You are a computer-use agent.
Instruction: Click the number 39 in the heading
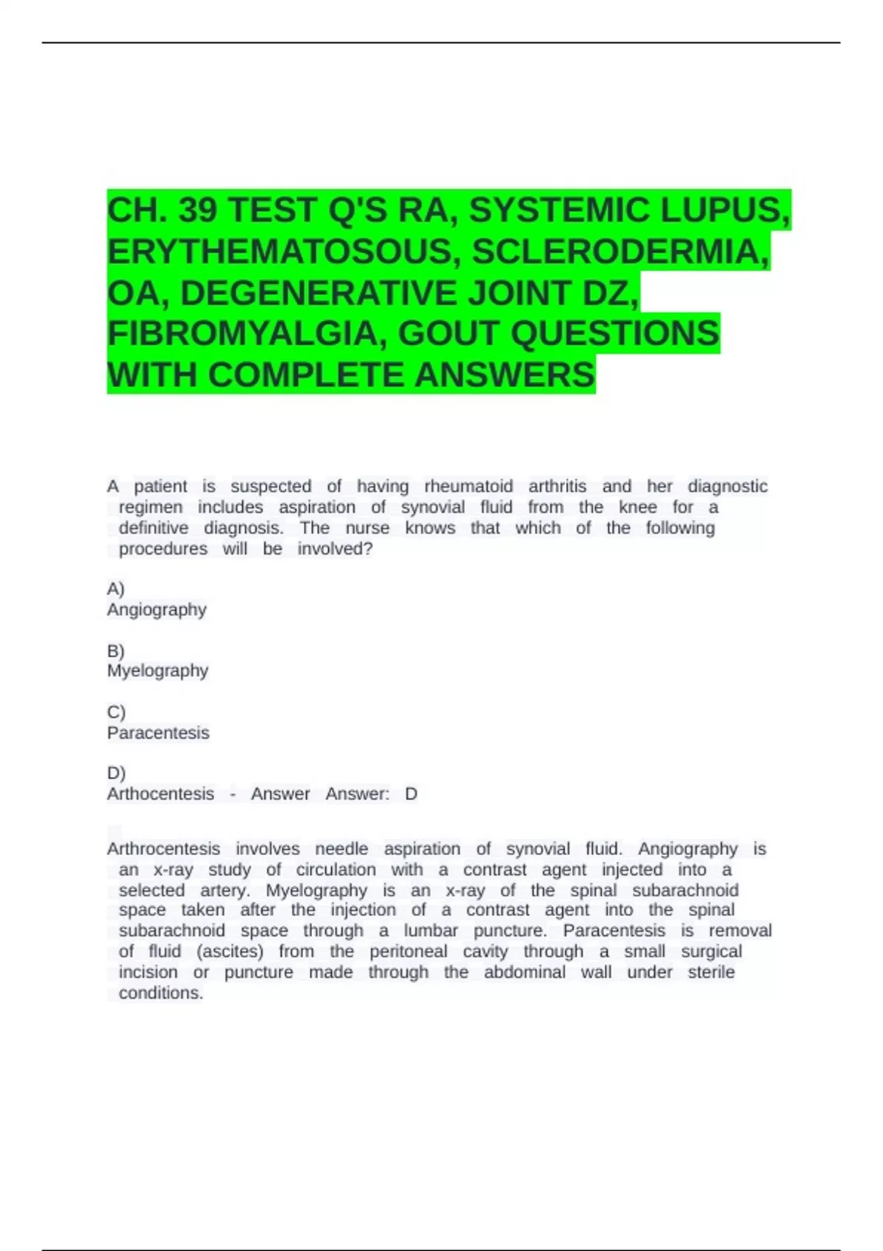198,210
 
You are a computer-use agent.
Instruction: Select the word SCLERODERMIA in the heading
620,252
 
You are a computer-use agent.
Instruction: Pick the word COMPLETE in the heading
308,375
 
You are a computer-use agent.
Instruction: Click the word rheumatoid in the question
469,486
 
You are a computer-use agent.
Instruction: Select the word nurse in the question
367,528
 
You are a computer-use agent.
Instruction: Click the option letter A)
116,589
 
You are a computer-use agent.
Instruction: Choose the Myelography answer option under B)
157,670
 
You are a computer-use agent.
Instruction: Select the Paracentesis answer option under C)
158,733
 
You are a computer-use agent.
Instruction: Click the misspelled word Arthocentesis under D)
160,794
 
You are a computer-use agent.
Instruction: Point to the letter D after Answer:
411,794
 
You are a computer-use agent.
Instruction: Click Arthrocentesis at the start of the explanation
163,849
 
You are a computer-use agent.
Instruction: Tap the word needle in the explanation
341,849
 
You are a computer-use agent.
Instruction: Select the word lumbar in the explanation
430,931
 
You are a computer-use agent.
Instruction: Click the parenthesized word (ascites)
230,951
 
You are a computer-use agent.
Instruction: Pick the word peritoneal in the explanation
408,951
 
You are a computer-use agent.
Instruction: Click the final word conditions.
160,993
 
